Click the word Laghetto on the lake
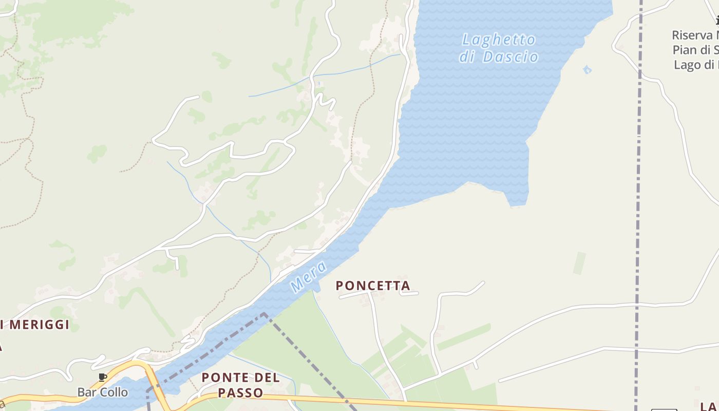pos(498,40)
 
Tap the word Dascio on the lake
pos(510,57)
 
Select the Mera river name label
pos(308,277)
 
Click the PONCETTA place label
pos(373,286)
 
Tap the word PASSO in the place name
pos(241,393)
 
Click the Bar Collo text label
pos(102,393)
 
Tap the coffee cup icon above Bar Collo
pos(102,378)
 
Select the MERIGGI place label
pos(40,325)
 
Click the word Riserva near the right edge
pos(693,36)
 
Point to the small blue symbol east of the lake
pos(587,69)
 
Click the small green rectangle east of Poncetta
pos(580,263)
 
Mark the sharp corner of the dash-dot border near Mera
pos(264,313)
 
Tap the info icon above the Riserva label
pos(717,21)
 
